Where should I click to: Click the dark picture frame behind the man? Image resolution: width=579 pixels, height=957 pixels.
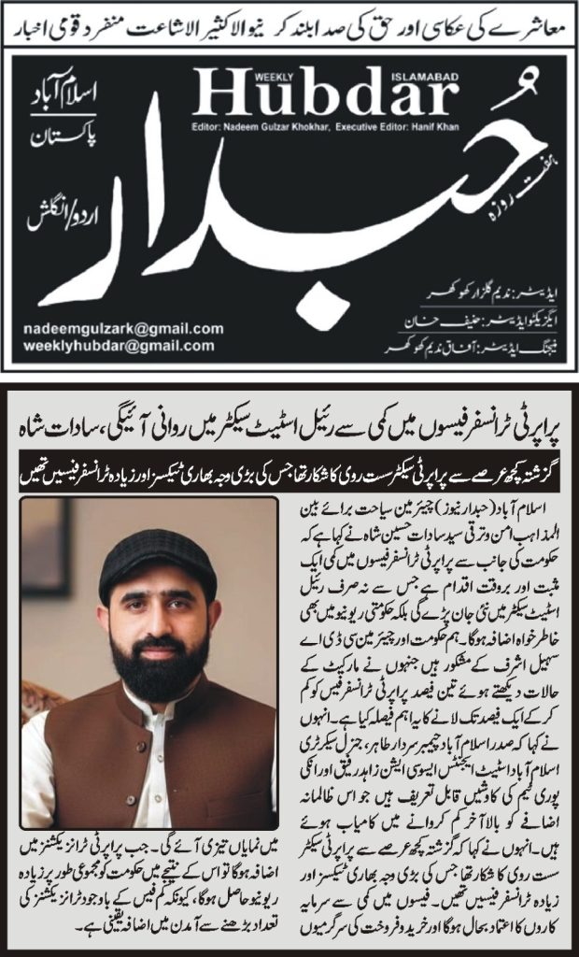point(41,561)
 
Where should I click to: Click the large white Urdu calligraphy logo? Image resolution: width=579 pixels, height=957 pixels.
point(308,234)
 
